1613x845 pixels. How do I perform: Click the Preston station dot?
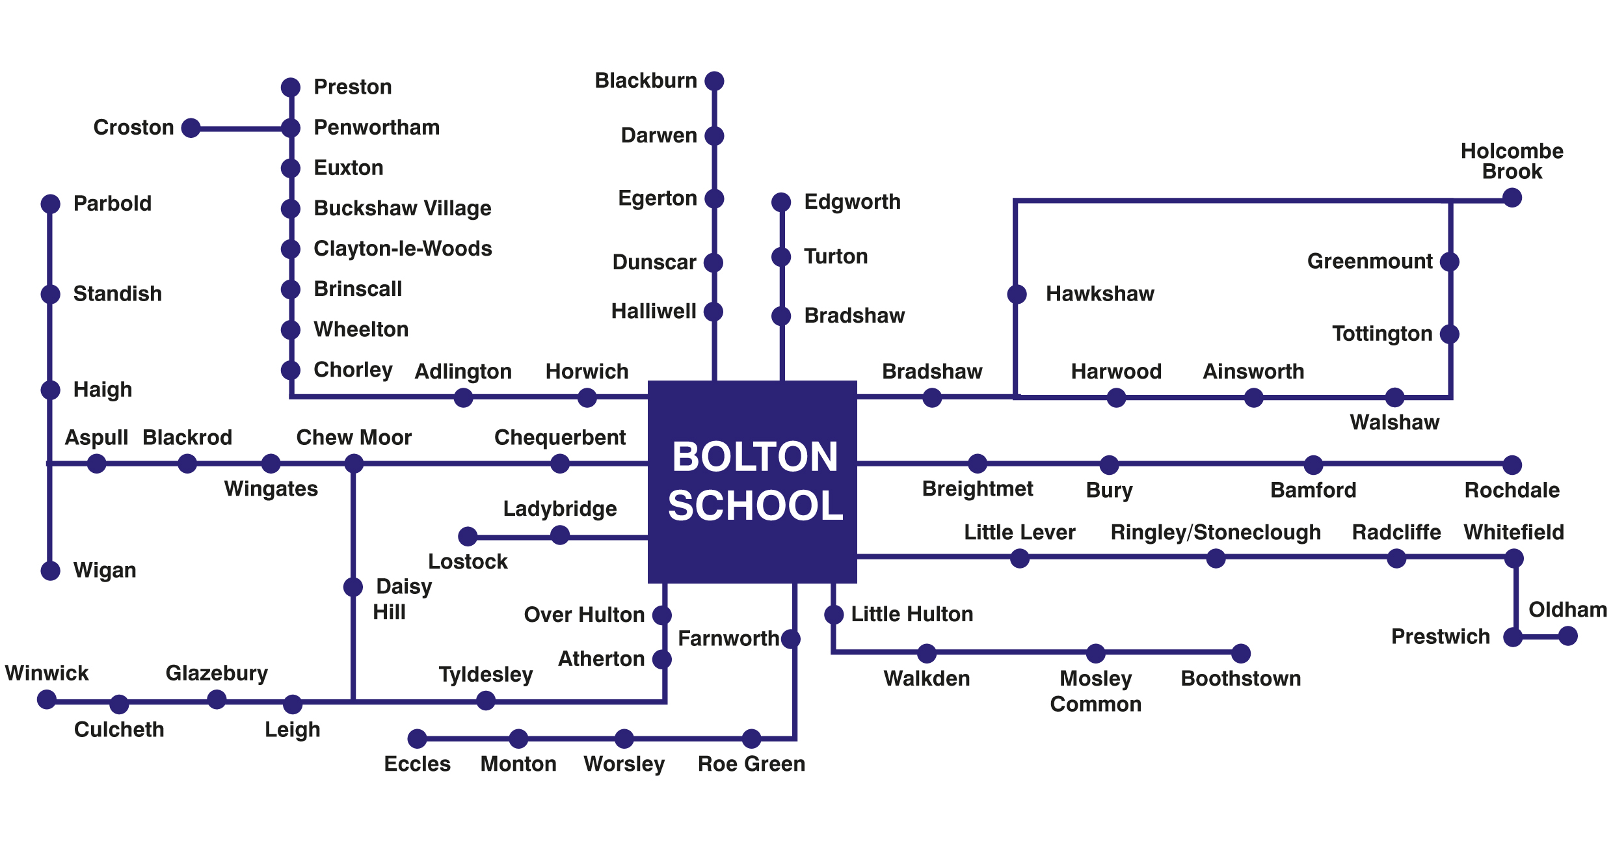coord(291,87)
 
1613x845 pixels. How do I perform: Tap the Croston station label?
coord(134,127)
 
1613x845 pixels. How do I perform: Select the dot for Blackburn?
coord(715,81)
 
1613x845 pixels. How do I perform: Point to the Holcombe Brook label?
coord(1512,161)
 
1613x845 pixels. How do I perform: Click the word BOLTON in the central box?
coord(755,457)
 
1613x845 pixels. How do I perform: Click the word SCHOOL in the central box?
coord(755,506)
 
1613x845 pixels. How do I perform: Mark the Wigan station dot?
coord(51,570)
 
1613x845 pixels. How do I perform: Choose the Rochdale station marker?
coord(1513,464)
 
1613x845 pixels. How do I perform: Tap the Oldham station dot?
coord(1568,636)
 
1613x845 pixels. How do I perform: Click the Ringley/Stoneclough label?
coord(1216,533)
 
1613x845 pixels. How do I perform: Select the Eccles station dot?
coord(418,738)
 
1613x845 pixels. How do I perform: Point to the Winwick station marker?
coord(47,699)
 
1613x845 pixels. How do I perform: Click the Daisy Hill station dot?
coord(353,587)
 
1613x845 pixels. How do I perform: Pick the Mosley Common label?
coord(1096,691)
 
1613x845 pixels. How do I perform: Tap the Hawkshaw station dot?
coord(1017,294)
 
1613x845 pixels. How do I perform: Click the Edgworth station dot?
coord(781,202)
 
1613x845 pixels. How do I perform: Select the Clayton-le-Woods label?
coord(403,248)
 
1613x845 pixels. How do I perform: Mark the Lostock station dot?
coord(468,536)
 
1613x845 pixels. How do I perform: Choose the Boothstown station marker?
coord(1241,653)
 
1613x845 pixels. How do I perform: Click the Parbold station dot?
coord(51,204)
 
